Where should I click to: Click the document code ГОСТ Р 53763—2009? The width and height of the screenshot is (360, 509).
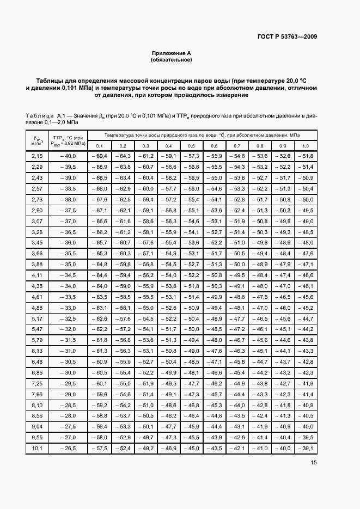[x=287, y=37]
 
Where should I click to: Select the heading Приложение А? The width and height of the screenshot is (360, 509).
[x=172, y=53]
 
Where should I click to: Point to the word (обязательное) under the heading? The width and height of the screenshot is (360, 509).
[x=172, y=59]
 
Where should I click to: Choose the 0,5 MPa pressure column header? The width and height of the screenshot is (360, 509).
[x=191, y=146]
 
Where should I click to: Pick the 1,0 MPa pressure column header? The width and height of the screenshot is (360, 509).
[x=305, y=146]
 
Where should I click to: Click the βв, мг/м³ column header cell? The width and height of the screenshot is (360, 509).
[x=37, y=140]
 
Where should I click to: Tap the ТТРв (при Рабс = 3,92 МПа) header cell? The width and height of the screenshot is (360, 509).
[x=68, y=140]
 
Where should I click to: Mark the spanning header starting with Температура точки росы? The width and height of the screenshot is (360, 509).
[x=202, y=134]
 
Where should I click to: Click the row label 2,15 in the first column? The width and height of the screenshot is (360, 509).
[x=37, y=156]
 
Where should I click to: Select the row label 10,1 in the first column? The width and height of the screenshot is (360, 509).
[x=37, y=449]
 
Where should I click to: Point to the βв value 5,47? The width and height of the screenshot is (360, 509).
[x=37, y=329]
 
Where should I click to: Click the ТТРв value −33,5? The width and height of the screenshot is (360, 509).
[x=68, y=297]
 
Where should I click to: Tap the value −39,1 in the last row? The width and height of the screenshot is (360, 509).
[x=305, y=449]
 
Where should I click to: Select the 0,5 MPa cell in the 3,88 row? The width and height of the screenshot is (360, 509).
[x=191, y=265]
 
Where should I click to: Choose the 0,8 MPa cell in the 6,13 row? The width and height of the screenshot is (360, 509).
[x=260, y=351]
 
